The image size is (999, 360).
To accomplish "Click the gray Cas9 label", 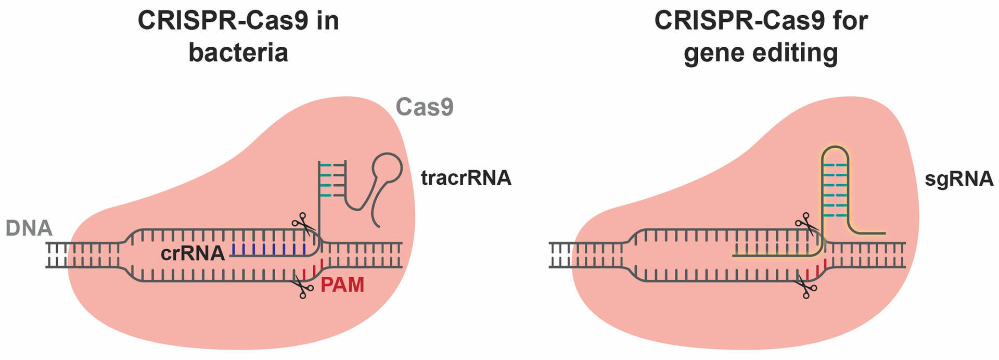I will [424, 107].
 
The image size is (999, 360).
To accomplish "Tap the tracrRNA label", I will [466, 178].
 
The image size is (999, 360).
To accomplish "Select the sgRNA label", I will [959, 178].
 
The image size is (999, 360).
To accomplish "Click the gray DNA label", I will [29, 228].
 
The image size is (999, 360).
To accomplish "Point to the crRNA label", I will [193, 253].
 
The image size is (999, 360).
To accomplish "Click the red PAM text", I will [342, 285].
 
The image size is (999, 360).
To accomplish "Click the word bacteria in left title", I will [238, 53].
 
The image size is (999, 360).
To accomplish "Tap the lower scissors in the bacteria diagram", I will [302, 287].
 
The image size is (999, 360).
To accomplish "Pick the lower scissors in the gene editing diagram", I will [806, 287].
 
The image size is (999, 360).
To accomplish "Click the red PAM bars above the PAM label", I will [314, 269].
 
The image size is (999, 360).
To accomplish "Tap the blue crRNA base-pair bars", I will [268, 249].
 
